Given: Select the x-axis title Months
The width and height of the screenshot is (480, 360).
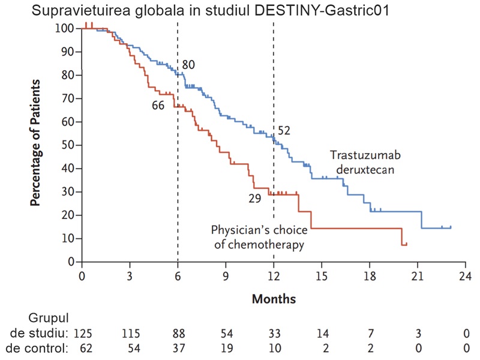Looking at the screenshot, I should (274, 298).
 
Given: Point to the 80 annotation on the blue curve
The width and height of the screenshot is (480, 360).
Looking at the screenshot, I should (189, 64).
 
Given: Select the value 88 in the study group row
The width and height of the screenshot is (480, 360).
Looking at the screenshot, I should (178, 331).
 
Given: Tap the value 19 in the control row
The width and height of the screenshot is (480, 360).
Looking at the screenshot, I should (226, 347).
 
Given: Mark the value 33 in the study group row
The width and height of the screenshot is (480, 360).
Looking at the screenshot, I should (274, 331).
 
